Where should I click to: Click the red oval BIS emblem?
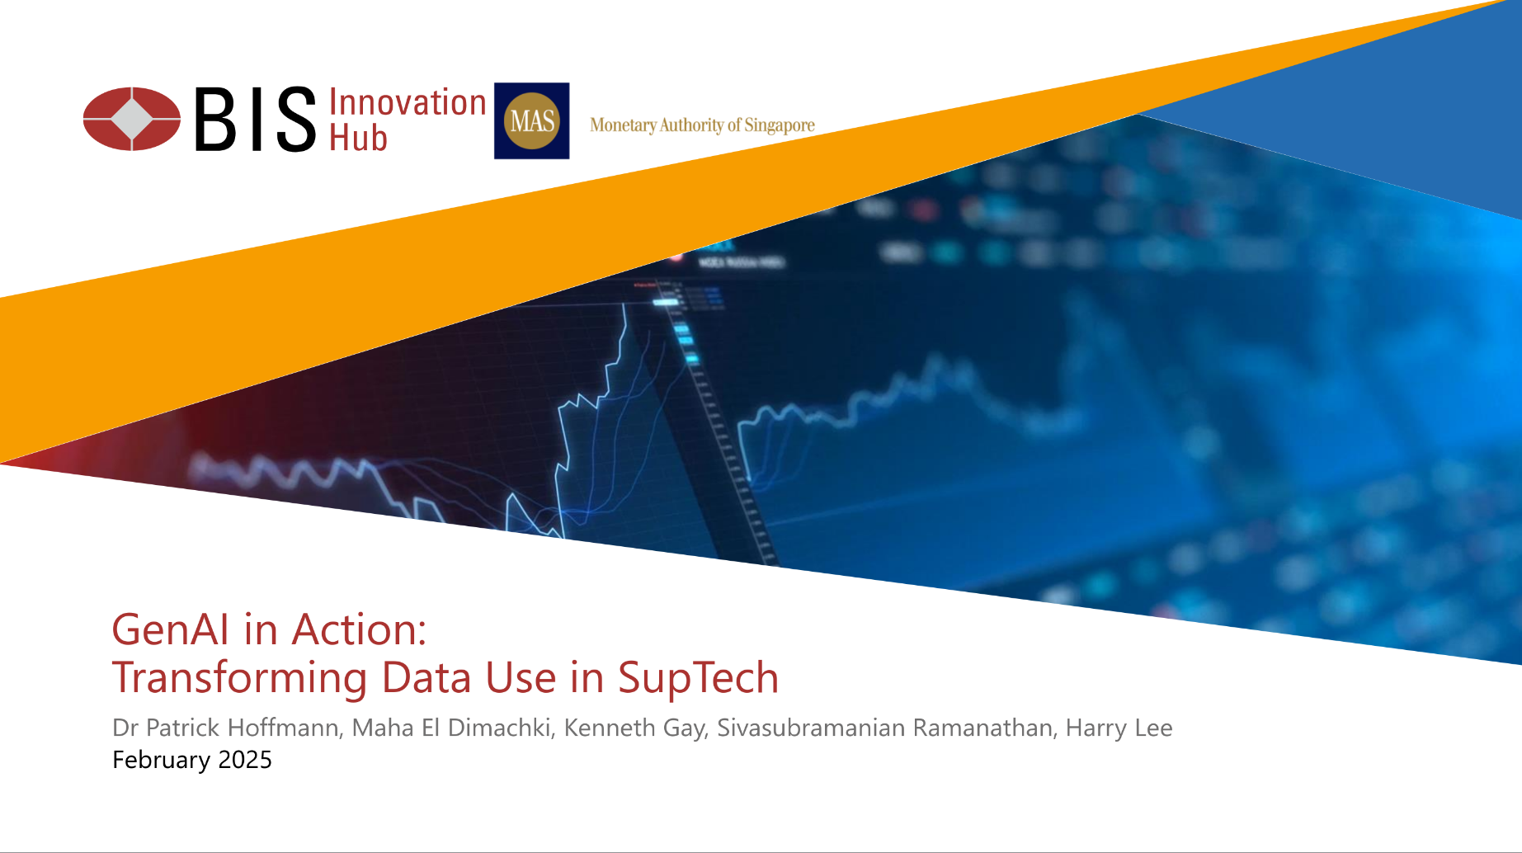click(x=132, y=119)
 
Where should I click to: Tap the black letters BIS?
click(x=255, y=120)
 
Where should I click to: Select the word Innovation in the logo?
click(x=408, y=102)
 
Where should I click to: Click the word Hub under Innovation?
click(x=358, y=138)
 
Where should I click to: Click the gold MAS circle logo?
click(x=531, y=121)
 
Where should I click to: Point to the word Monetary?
click(x=623, y=125)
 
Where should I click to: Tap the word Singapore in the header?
click(x=780, y=125)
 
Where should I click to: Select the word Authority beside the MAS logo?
click(x=691, y=125)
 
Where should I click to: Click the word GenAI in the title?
click(x=171, y=629)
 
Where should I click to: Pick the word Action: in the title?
click(x=360, y=629)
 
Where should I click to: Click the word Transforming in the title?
click(x=240, y=678)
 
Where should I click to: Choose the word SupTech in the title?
click(x=698, y=678)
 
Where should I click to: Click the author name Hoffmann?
click(x=283, y=728)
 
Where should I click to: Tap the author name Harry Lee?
click(x=1119, y=728)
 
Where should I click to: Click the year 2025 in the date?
click(x=245, y=760)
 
